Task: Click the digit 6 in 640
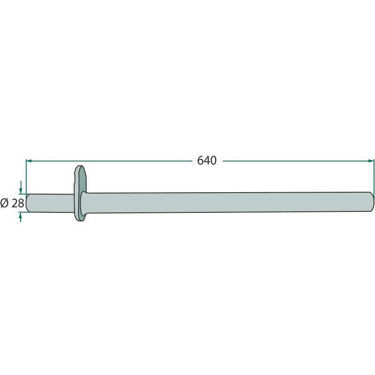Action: (x=201, y=160)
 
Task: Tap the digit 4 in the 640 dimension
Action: (x=207, y=160)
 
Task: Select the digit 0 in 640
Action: (x=213, y=160)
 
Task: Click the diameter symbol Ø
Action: (x=4, y=203)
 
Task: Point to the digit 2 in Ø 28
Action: (x=15, y=203)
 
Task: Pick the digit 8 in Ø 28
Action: (x=21, y=203)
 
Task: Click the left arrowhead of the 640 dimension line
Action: (x=29, y=161)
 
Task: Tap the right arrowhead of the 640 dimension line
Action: (x=371, y=161)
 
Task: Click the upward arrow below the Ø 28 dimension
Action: (x=21, y=217)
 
